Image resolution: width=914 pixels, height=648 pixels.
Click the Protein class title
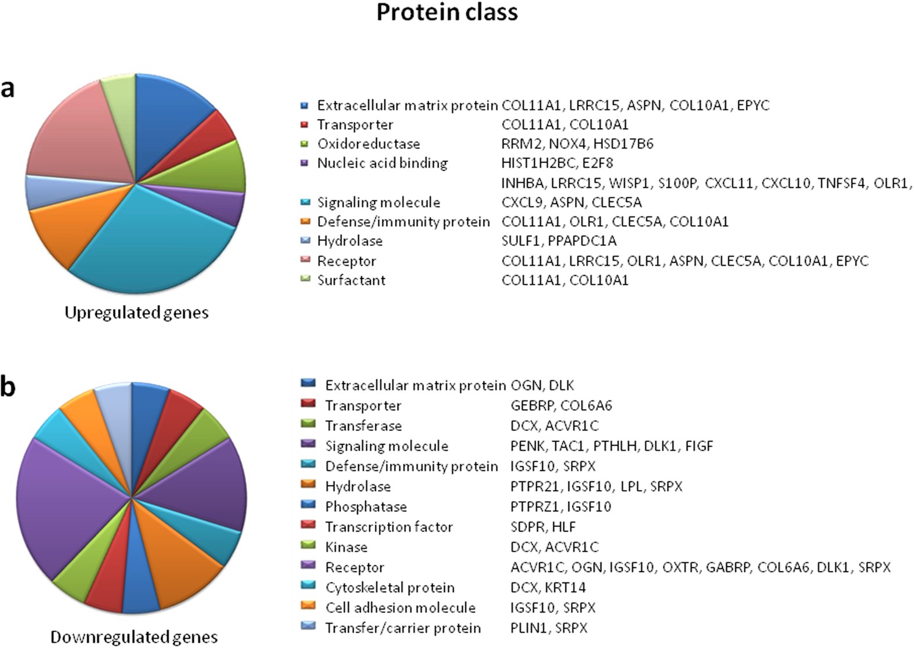pyautogui.click(x=447, y=13)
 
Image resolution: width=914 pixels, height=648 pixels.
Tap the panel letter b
pyautogui.click(x=8, y=387)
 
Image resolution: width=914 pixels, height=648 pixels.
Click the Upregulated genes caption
pyautogui.click(x=136, y=313)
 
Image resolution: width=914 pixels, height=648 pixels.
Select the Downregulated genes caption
pyautogui.click(x=134, y=637)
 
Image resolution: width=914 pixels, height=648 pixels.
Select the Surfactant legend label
pyautogui.click(x=351, y=280)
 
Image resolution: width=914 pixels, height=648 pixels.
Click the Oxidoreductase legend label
pyautogui.click(x=369, y=144)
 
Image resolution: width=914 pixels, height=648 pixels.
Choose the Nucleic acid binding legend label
pyautogui.click(x=382, y=163)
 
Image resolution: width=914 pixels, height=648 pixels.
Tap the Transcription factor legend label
pyautogui.click(x=389, y=527)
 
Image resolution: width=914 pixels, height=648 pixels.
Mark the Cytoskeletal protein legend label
pyautogui.click(x=389, y=588)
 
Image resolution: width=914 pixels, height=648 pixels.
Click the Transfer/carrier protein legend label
pyautogui.click(x=403, y=628)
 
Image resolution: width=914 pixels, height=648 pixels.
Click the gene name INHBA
pyautogui.click(x=523, y=183)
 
